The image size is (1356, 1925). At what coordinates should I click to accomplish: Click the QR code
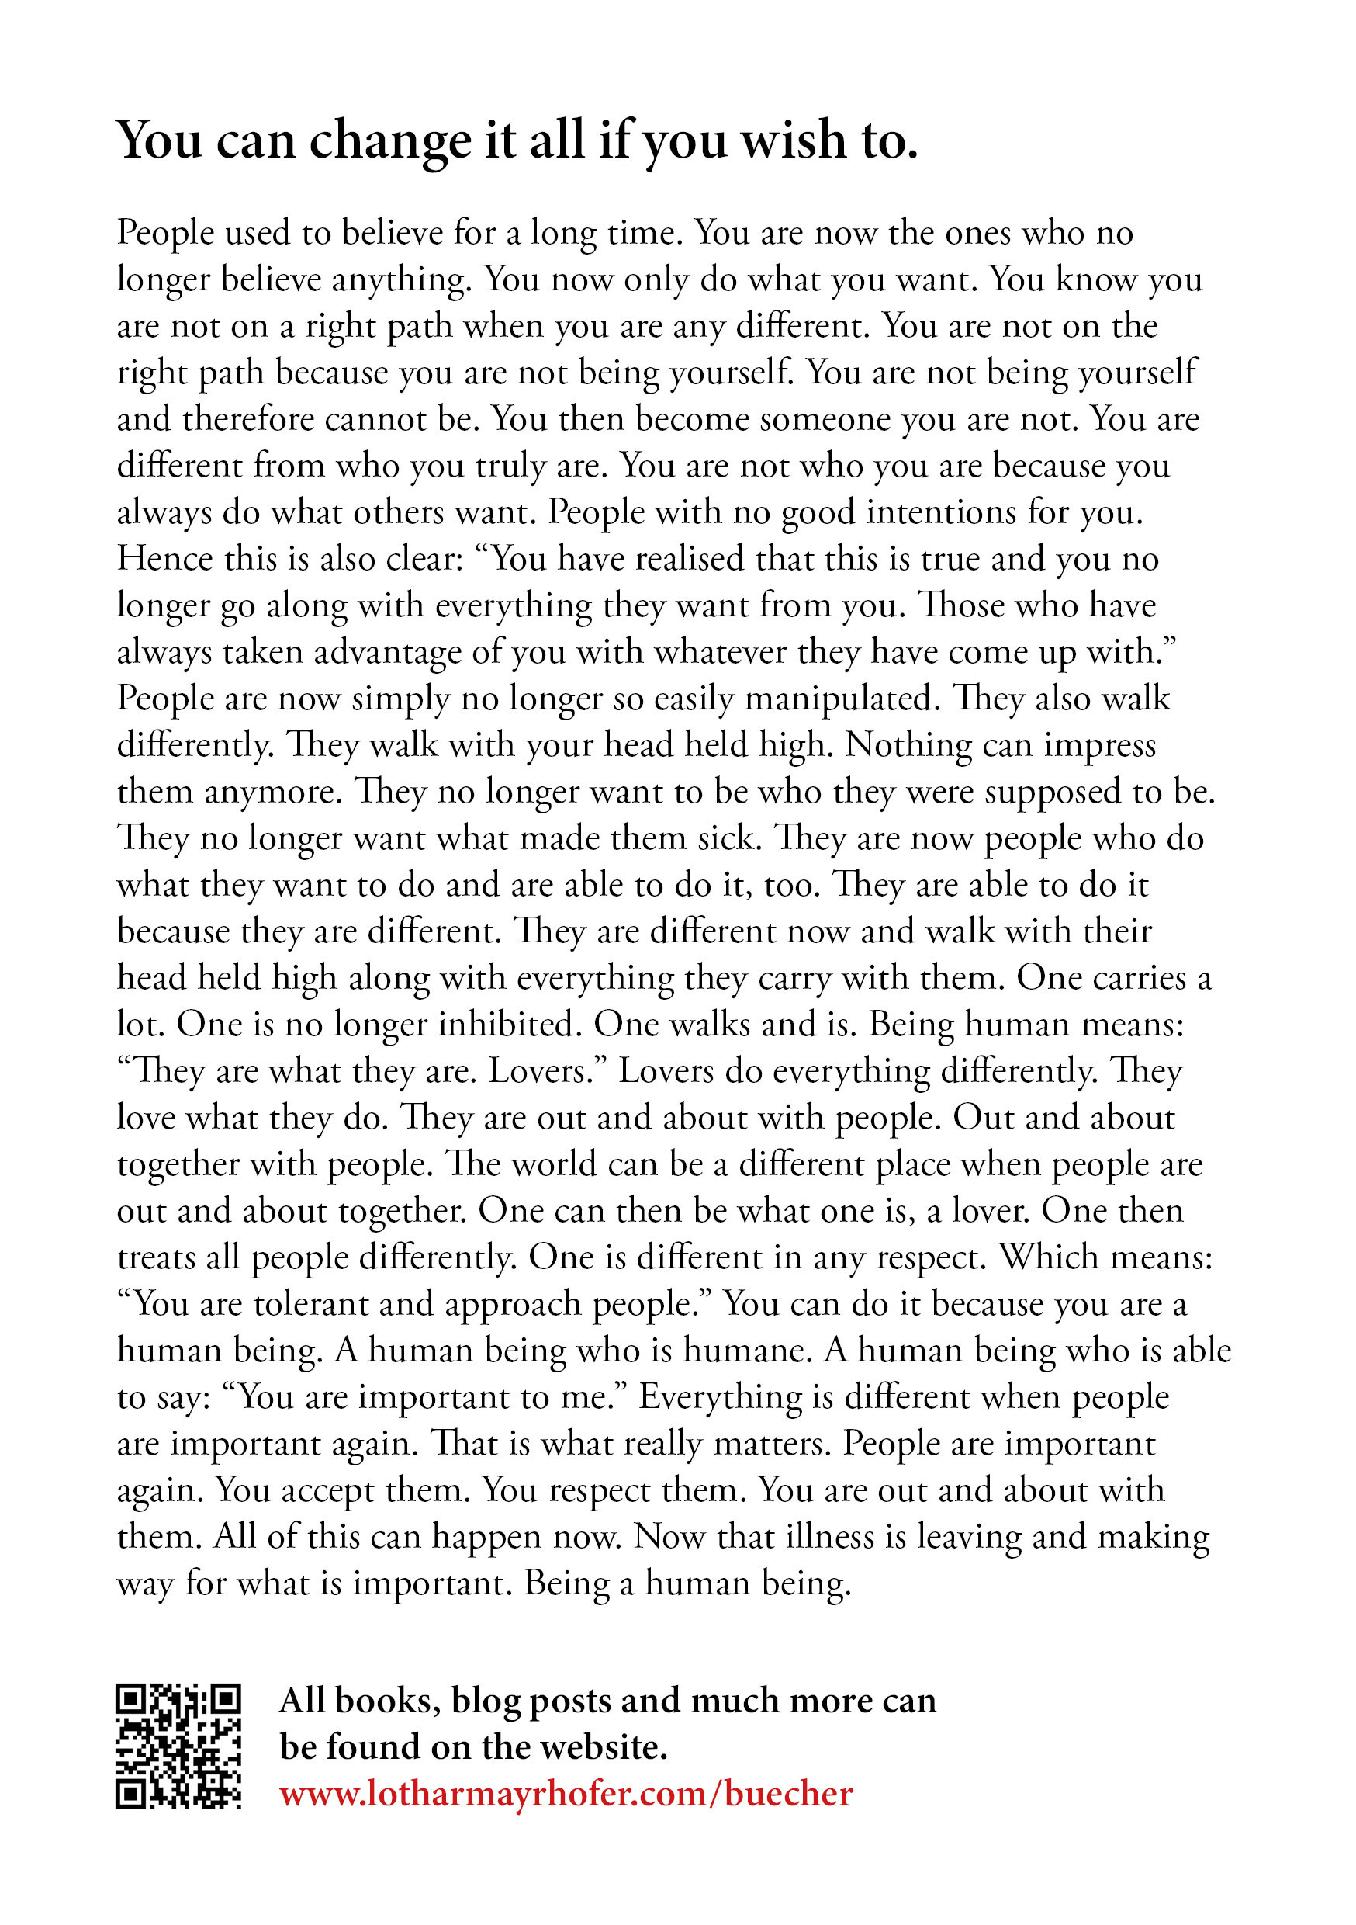(x=178, y=1746)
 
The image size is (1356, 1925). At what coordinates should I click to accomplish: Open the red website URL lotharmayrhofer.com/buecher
(x=566, y=1793)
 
